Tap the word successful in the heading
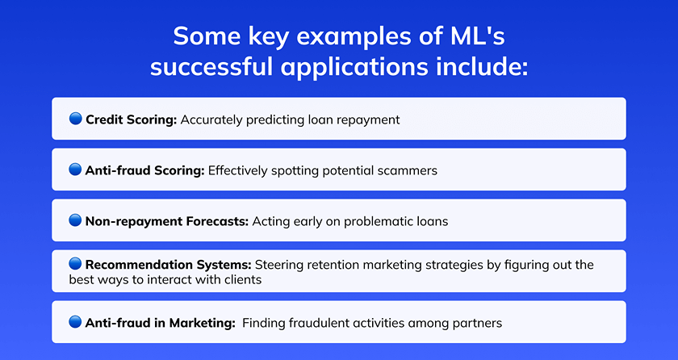coord(211,68)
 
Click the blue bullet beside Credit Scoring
coord(75,119)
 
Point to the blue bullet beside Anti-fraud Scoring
coord(75,170)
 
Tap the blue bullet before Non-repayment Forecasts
coord(75,220)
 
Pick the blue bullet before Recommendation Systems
coord(75,263)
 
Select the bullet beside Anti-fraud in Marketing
coord(75,322)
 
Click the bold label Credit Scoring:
coord(132,119)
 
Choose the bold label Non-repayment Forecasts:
coord(167,221)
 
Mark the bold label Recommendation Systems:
coord(168,265)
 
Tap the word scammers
coord(408,170)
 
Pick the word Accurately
coord(211,120)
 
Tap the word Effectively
coord(238,170)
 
